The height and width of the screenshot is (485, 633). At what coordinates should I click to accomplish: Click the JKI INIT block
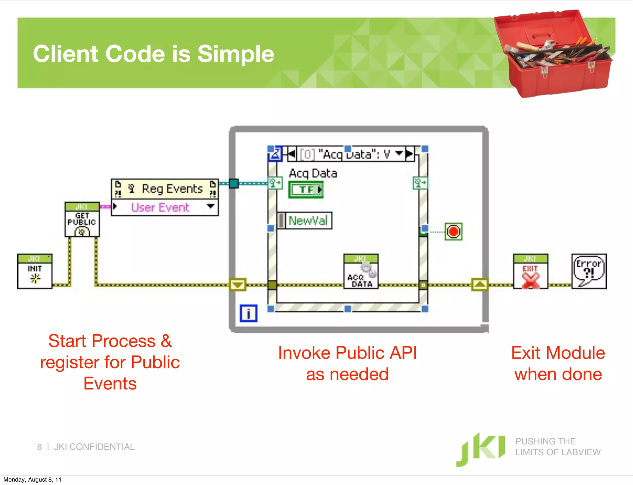coord(35,271)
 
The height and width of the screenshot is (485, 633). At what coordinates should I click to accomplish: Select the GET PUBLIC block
coord(82,220)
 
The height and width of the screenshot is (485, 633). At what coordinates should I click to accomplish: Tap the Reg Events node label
coord(172,189)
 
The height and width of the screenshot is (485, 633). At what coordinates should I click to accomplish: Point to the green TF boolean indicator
coord(306,190)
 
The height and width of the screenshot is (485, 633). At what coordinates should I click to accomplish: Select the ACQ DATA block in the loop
coord(361,272)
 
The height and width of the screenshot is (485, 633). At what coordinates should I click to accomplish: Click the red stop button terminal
coord(453,232)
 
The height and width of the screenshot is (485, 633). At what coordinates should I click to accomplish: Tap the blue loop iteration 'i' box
coord(248,313)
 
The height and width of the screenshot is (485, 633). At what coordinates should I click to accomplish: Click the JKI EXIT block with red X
coord(530,272)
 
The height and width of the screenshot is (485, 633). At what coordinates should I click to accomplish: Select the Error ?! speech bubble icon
coord(589,272)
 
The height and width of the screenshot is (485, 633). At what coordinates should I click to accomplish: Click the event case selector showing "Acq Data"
coord(350,154)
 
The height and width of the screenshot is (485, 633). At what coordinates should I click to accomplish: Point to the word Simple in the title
coord(236,54)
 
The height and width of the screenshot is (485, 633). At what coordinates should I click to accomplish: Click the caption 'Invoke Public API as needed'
coord(347,363)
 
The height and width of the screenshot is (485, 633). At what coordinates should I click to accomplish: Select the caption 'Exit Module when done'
coord(558,363)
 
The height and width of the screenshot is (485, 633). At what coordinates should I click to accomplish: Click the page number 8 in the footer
coord(39,447)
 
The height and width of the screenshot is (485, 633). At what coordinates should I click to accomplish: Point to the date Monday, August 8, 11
coord(32,480)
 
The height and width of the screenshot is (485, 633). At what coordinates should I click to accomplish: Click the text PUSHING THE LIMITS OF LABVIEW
coord(558,447)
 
